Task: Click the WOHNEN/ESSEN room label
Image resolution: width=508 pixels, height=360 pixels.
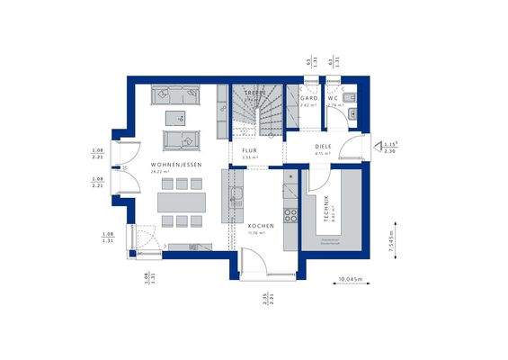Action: tap(175, 165)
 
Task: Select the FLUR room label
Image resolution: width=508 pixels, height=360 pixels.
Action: tap(249, 151)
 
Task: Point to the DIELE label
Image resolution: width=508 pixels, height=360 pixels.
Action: tap(324, 146)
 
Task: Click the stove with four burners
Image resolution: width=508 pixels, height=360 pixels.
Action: tap(290, 216)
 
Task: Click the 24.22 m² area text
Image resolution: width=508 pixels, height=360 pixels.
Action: tap(175, 174)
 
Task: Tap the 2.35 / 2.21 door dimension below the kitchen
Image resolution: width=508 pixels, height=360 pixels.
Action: tap(267, 299)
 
